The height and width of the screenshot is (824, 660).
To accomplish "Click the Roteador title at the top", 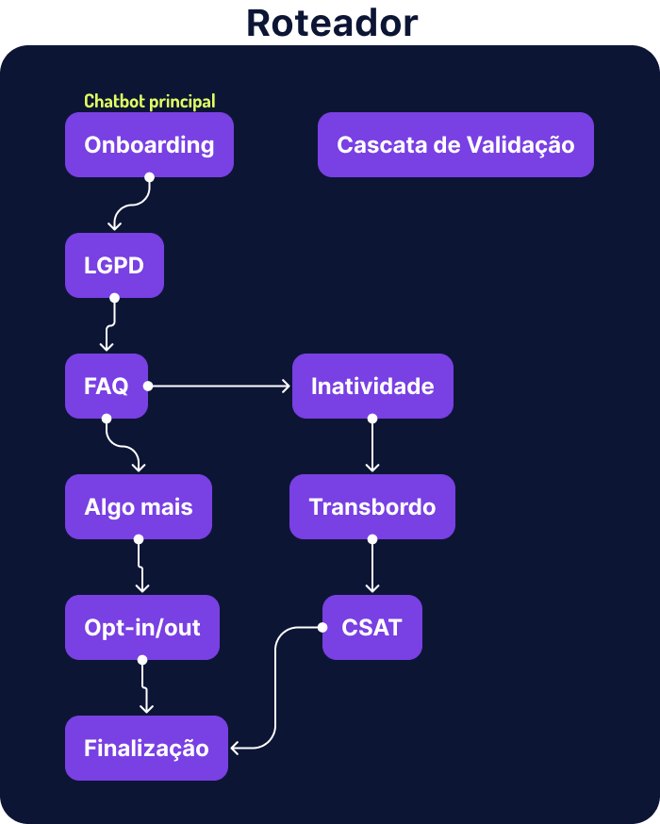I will pos(331,24).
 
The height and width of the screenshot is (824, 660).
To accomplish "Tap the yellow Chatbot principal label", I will pos(150,101).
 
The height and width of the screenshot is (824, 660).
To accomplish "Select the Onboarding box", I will pos(149,145).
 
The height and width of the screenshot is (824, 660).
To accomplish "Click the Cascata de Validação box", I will pos(455,145).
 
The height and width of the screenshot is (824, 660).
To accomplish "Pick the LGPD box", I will pos(114,266).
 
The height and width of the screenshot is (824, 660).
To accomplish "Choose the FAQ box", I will pos(106,386).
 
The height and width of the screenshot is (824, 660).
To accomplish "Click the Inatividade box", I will pos(372,386).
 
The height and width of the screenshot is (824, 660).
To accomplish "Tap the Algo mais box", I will pos(139,507).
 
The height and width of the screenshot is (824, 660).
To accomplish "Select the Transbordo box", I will pos(372,507).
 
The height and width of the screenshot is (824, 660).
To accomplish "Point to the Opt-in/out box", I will pos(142,628).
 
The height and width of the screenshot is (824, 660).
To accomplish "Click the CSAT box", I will pos(372,628).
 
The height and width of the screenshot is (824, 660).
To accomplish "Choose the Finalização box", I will pos(146,749).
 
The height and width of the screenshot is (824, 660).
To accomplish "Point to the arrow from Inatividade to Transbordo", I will pos(372,445).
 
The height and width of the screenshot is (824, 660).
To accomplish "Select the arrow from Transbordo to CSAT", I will pos(372,566).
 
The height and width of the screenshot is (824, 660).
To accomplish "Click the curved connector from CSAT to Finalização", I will pos(275,688).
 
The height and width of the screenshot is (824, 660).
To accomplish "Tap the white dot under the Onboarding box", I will pos(149,177).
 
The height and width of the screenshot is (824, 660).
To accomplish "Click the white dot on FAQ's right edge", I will pos(148,386).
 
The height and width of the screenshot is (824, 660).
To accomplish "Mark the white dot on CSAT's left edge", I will pos(323,627).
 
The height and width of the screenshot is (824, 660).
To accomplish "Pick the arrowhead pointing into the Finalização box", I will pos(235,749).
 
